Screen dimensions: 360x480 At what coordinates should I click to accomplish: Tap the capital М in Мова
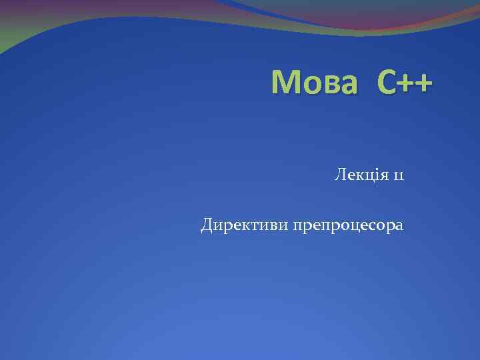click(x=285, y=83)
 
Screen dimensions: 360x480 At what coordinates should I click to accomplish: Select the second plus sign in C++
click(x=424, y=84)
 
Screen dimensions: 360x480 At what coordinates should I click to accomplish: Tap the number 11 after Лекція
click(x=399, y=177)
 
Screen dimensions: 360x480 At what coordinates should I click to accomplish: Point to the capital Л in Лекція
click(x=340, y=175)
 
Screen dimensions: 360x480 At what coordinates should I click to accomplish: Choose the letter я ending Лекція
click(x=384, y=177)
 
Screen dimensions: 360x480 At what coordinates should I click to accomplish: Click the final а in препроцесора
click(x=398, y=227)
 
